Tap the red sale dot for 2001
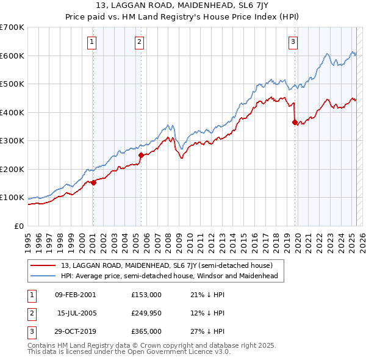[94, 182]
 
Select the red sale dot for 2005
[142, 155]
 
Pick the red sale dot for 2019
[295, 123]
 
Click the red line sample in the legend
[44, 265]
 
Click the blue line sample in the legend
[44, 276]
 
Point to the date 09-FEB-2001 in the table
[75, 295]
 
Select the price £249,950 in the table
[146, 313]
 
